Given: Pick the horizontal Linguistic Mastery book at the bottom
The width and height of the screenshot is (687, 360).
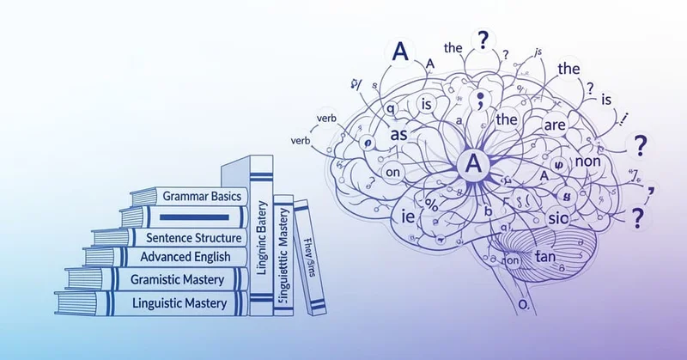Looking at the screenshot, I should click(181, 302).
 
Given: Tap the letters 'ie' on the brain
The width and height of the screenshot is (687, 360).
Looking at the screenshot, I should click(397, 218).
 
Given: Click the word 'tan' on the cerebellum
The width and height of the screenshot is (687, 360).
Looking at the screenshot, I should click(545, 256).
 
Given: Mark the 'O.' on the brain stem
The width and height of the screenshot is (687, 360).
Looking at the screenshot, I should click(520, 305).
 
